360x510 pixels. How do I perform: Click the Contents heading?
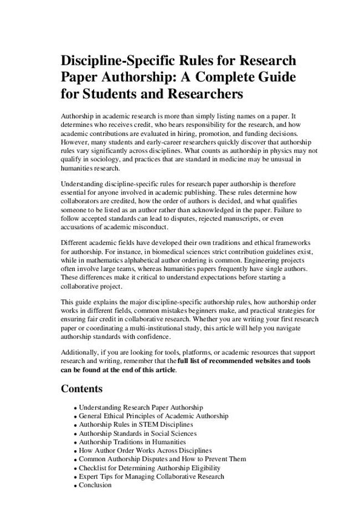coord(81,389)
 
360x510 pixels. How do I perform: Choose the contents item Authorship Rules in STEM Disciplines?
coord(136,425)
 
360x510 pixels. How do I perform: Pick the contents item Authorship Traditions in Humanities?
coord(132,442)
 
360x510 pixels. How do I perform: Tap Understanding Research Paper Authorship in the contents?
coord(141,407)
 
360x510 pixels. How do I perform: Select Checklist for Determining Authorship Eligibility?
coord(150,468)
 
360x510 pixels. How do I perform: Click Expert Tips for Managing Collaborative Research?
coord(151,476)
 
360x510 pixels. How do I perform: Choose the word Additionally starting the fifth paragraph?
coord(80,353)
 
